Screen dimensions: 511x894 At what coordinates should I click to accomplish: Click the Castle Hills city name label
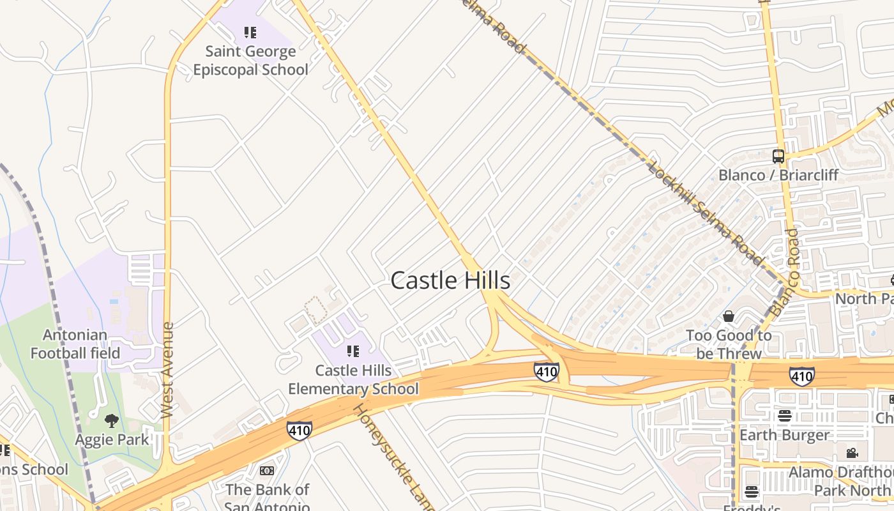pos(450,280)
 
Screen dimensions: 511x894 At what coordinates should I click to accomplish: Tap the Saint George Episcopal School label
pos(250,61)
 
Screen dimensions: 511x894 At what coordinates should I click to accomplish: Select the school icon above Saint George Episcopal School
pos(250,32)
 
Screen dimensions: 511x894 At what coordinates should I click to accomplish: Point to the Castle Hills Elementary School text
pos(353,379)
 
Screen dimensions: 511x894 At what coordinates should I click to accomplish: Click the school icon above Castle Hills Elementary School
pos(353,351)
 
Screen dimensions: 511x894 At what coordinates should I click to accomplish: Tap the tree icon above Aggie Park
pos(112,420)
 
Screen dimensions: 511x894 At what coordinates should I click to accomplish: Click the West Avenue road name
pos(168,370)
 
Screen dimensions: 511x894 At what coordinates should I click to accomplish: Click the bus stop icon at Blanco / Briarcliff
pos(778,156)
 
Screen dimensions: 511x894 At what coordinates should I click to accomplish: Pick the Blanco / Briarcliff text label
pos(778,175)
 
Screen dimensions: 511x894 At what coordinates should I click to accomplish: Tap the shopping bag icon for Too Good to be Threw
pos(729,316)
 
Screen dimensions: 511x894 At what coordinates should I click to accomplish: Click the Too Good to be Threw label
pos(729,344)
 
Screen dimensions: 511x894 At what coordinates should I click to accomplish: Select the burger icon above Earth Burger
pos(784,416)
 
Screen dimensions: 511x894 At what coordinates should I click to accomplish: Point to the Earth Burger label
pos(784,435)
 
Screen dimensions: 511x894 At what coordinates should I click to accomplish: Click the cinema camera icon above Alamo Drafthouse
pos(852,453)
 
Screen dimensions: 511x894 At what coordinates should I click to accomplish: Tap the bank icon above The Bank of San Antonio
pos(267,471)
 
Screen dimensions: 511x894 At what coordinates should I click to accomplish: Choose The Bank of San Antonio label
pos(267,498)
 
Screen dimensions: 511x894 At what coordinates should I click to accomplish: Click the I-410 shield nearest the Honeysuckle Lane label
pos(299,430)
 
